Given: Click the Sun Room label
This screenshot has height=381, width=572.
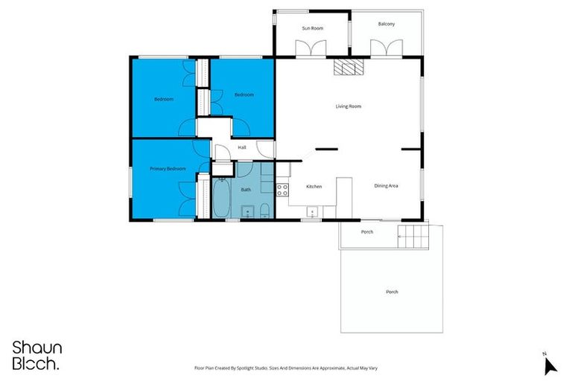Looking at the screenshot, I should (312, 28).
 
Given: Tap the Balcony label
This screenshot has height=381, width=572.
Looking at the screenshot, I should (386, 24).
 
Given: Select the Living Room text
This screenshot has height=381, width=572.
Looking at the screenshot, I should (348, 106).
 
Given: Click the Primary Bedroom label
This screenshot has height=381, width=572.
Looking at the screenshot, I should (167, 169).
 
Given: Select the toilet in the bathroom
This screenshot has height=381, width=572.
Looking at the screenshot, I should (265, 209).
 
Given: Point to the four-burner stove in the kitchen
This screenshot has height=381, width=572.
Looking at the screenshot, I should (282, 189).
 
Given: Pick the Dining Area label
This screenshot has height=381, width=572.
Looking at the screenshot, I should (386, 185).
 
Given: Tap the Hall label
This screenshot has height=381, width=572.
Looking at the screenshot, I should (242, 147).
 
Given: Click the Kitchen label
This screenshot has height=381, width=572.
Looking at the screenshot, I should (314, 186).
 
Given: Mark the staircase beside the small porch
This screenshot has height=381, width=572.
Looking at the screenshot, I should (415, 237).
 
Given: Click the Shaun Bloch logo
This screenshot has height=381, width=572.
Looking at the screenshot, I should (37, 355).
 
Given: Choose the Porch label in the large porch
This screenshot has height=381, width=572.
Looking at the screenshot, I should (391, 292).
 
